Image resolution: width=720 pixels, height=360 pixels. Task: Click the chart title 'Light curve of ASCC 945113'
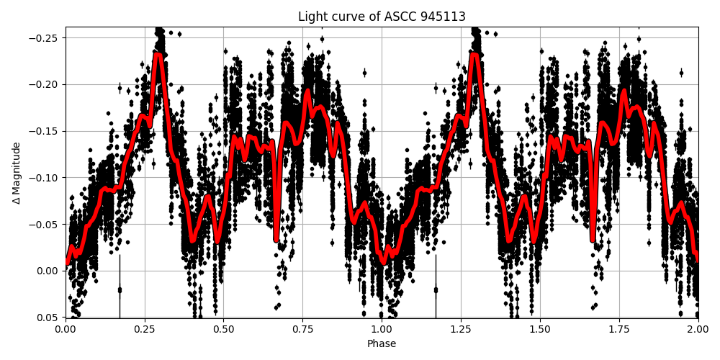382,17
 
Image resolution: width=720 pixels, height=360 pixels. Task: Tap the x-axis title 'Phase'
382,344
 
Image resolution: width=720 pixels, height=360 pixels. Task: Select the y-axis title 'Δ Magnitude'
17,173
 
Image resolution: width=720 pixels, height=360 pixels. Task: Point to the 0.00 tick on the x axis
66,329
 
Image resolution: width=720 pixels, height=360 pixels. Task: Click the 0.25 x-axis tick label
145,329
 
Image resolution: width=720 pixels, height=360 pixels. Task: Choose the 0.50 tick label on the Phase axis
223,329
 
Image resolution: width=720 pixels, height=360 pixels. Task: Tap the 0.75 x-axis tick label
302,329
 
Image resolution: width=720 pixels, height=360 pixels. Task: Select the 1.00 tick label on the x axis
382,329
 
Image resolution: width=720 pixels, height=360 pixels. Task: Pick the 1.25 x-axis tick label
461,329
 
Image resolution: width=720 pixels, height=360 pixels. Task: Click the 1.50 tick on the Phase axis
540,329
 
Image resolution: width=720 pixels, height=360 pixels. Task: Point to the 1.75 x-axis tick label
618,329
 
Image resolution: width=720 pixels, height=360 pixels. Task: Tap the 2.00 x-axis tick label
698,329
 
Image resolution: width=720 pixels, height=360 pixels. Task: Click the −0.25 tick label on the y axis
47,38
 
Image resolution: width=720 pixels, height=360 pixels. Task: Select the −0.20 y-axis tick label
47,85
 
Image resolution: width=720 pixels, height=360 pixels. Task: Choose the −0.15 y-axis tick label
47,131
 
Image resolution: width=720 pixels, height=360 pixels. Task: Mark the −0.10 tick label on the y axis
47,178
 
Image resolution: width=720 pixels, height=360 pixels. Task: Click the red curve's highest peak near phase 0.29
158,55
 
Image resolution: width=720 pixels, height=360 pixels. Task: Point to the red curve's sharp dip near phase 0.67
276,238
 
